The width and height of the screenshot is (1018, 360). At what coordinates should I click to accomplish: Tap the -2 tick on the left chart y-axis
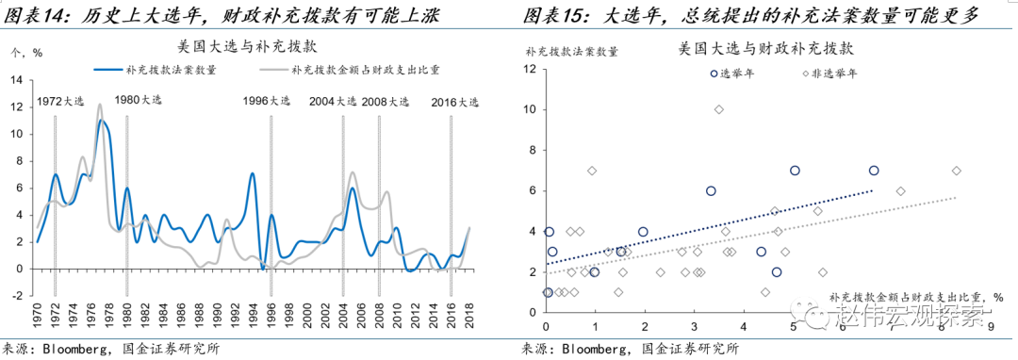(x=15, y=295)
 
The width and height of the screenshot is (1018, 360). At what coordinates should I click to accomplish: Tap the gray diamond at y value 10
(x=719, y=109)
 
